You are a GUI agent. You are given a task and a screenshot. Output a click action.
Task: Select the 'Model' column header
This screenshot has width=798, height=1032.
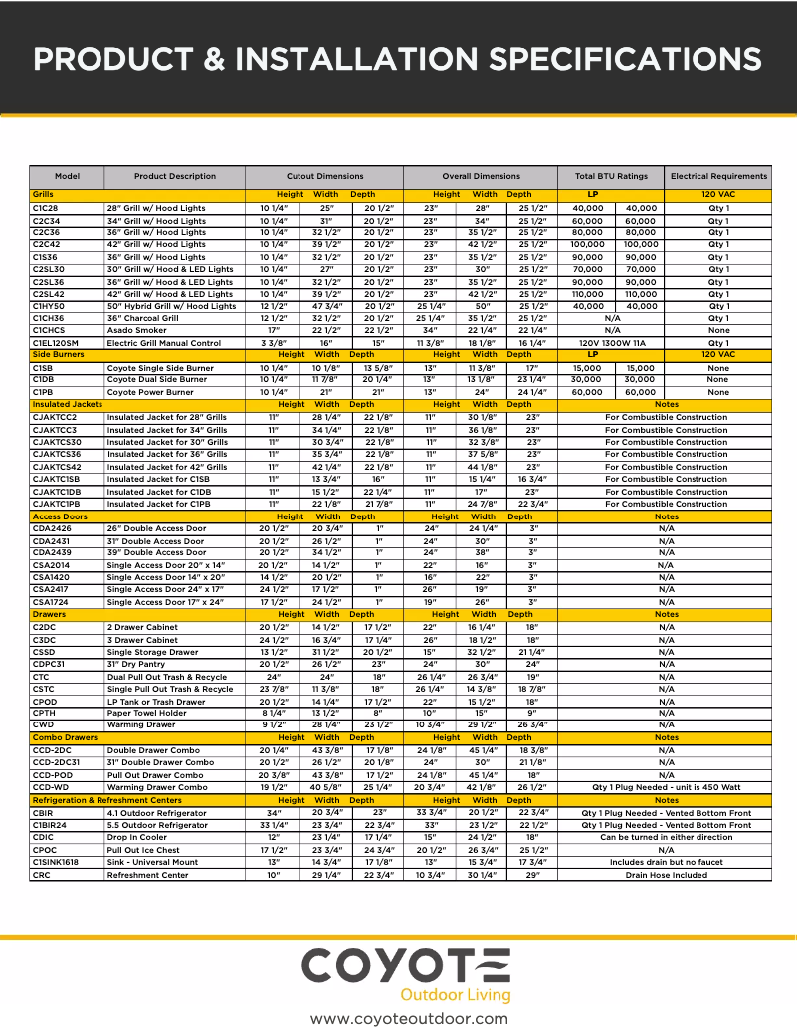67,176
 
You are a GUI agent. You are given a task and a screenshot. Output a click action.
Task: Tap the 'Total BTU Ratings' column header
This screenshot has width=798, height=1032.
611,176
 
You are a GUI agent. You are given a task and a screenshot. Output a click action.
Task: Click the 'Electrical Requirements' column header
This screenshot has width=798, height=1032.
718,176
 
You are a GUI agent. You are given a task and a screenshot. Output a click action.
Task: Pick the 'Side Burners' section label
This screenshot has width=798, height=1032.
57,354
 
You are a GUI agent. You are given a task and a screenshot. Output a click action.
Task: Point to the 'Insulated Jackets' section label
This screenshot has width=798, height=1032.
67,404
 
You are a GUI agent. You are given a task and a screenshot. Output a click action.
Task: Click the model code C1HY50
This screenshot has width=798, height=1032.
48,307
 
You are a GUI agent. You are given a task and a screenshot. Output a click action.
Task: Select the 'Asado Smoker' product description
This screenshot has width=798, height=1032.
137,330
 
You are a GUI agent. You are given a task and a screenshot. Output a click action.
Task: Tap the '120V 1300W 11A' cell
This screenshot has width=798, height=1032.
612,343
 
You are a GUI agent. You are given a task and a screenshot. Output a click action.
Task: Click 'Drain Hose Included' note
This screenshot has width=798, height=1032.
666,875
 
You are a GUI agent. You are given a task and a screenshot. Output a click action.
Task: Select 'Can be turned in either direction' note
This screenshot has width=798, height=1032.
666,838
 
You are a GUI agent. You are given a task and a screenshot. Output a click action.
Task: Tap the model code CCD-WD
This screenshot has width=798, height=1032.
51,787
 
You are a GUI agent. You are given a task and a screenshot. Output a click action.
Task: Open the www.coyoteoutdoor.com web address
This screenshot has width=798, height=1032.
409,1018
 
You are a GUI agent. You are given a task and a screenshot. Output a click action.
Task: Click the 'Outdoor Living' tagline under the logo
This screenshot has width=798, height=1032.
455,995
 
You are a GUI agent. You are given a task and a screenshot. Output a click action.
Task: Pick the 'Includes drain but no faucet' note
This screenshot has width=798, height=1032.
666,862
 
